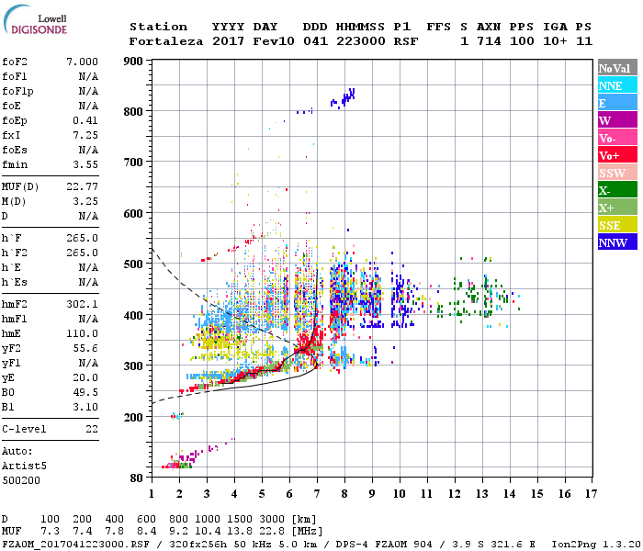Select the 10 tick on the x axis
point(399,494)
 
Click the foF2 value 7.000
point(82,61)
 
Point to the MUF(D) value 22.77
point(82,188)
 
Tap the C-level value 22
point(92,429)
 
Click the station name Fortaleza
point(166,41)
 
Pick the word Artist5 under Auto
point(25,466)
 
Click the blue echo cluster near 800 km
point(347,96)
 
